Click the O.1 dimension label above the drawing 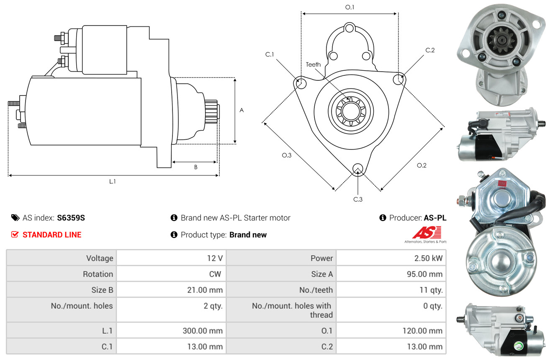[350, 8]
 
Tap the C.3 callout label [358, 199]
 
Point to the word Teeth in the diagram [313, 64]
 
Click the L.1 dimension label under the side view [112, 182]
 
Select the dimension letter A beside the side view [242, 110]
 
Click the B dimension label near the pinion [196, 167]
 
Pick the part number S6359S [71, 218]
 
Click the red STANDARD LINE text [52, 235]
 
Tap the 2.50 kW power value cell [428, 258]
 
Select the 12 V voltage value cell [215, 258]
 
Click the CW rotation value [215, 274]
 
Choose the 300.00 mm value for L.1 [203, 331]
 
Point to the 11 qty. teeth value [431, 290]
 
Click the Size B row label [103, 290]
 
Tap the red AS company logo [427, 232]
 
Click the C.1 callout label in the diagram [270, 54]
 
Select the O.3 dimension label [287, 155]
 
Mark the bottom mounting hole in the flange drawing [358, 168]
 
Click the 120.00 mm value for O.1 [422, 331]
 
